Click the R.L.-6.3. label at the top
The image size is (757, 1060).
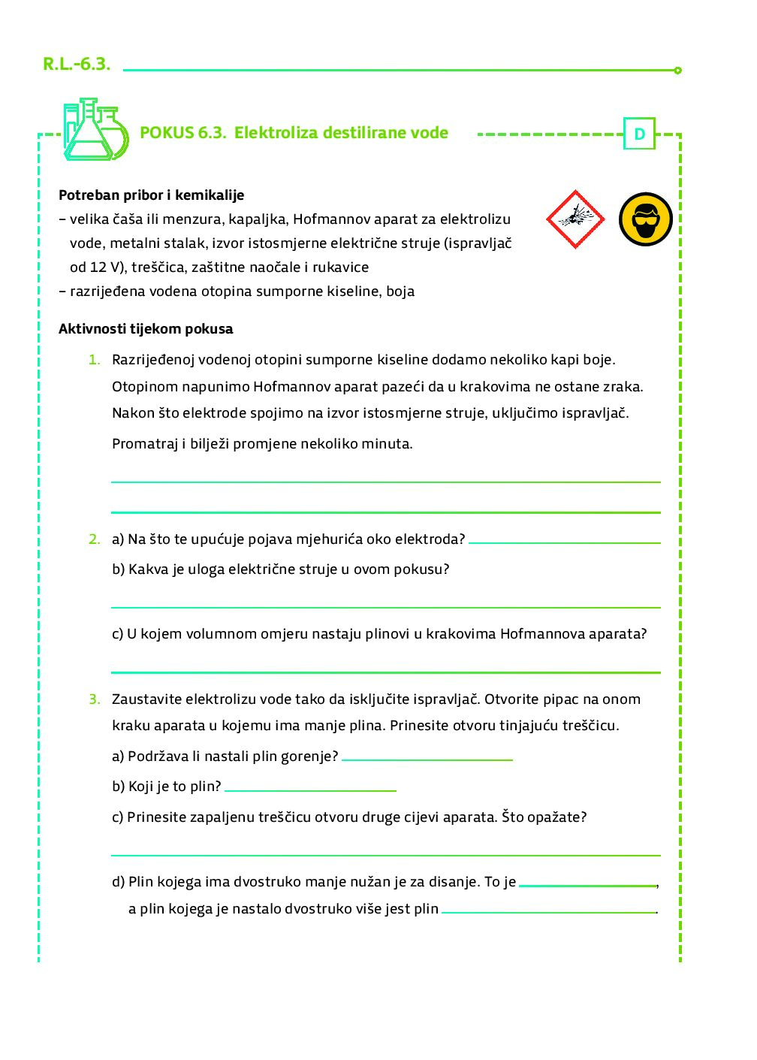[x=77, y=65]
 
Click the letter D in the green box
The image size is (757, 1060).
[x=639, y=134]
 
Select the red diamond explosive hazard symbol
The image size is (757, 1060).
[x=575, y=219]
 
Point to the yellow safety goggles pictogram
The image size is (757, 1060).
[x=645, y=219]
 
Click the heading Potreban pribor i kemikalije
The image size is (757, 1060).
[x=152, y=195]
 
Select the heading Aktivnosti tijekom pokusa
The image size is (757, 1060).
[x=146, y=329]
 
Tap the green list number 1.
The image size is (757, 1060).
[x=94, y=360]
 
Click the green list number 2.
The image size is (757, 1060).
[x=94, y=539]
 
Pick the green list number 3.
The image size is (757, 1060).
[x=94, y=699]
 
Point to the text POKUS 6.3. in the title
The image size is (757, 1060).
[x=182, y=133]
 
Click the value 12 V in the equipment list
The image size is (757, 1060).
[x=107, y=267]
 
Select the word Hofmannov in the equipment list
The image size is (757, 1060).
[x=327, y=219]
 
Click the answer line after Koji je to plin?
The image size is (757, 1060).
[x=310, y=788]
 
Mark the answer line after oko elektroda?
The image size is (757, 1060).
[x=564, y=540]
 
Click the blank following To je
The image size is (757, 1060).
[x=587, y=883]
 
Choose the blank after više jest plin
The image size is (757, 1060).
[x=548, y=910]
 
